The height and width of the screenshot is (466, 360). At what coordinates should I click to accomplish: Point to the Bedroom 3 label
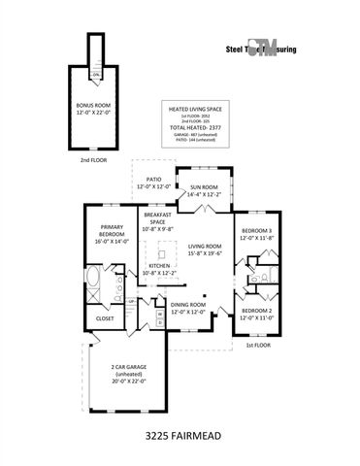coord(257,234)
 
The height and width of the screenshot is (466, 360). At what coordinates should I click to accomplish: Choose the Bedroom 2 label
coord(257,315)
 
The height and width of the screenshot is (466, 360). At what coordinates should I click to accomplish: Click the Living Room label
coord(205,250)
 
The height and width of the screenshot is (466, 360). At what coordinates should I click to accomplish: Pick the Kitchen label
coord(159,269)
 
